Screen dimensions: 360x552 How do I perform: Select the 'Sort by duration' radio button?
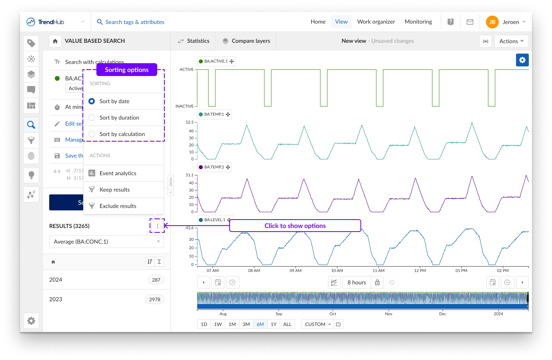pyautogui.click(x=92, y=118)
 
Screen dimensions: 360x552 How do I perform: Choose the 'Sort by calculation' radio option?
pyautogui.click(x=92, y=134)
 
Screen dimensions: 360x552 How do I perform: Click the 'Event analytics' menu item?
pyautogui.click(x=118, y=173)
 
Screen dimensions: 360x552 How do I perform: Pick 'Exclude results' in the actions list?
pyautogui.click(x=118, y=206)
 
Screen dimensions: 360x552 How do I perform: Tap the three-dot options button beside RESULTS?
pyautogui.click(x=158, y=226)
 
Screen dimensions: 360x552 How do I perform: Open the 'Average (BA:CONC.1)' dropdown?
pyautogui.click(x=106, y=242)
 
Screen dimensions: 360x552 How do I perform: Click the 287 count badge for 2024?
pyautogui.click(x=156, y=280)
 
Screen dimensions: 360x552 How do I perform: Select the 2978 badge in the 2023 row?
pyautogui.click(x=155, y=300)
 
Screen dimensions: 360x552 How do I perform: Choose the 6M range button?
pyautogui.click(x=260, y=324)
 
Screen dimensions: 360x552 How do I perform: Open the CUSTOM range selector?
pyautogui.click(x=318, y=324)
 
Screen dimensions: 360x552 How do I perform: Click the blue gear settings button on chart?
pyautogui.click(x=522, y=60)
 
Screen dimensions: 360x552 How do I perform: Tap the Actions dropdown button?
pyautogui.click(x=511, y=41)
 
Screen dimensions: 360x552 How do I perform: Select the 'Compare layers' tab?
pyautogui.click(x=246, y=41)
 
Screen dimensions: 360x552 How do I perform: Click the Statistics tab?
pyautogui.click(x=194, y=41)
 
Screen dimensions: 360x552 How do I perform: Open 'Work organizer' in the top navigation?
pyautogui.click(x=376, y=22)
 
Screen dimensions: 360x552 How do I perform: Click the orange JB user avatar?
pyautogui.click(x=492, y=22)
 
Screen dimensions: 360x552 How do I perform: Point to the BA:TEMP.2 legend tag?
pyautogui.click(x=214, y=167)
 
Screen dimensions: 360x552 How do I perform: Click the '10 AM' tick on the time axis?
pyautogui.click(x=337, y=270)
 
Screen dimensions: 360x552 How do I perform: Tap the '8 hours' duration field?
pyautogui.click(x=356, y=282)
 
